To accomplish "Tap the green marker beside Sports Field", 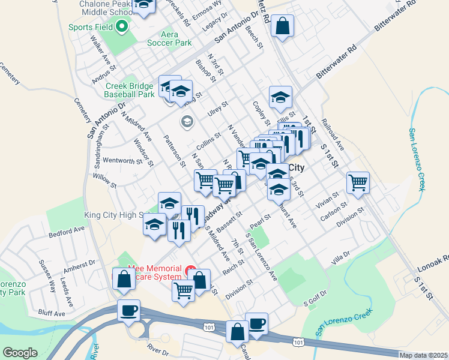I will click(122, 26).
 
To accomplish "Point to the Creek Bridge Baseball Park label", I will click(129, 90).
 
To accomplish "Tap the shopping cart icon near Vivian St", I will click(358, 182).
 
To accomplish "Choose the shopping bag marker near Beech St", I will click(282, 26).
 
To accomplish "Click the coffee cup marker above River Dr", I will click(129, 311).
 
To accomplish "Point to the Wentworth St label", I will click(122, 161).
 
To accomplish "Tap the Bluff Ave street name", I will click(52, 313).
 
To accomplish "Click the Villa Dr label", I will click(340, 259).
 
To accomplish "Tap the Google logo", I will click(20, 353).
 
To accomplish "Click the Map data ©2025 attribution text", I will click(423, 355).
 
